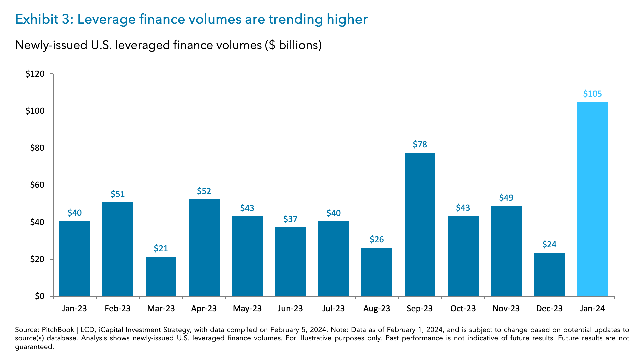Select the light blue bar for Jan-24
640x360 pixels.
592,199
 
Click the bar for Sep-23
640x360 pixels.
420,224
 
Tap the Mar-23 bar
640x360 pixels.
161,276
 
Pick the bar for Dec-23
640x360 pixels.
549,274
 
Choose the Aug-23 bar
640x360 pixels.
377,272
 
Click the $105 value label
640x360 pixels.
592,94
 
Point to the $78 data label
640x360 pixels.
420,144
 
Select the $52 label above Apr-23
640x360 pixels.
204,191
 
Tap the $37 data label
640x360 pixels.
290,219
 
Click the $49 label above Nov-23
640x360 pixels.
506,198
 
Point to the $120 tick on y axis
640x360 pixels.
35,74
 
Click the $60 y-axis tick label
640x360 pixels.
37,185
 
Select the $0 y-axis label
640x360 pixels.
39,296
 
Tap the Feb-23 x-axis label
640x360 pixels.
117,309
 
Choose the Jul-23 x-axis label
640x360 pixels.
333,309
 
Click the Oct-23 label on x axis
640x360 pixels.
463,309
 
